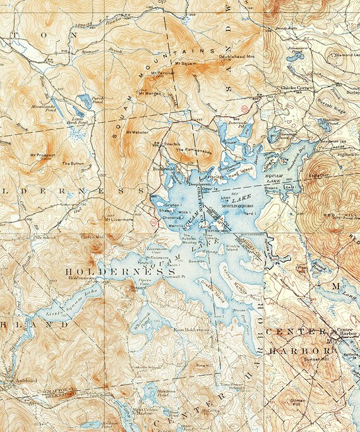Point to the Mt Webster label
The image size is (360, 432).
pyautogui.click(x=136, y=132)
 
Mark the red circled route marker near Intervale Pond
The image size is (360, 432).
pyautogui.click(x=244, y=109)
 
